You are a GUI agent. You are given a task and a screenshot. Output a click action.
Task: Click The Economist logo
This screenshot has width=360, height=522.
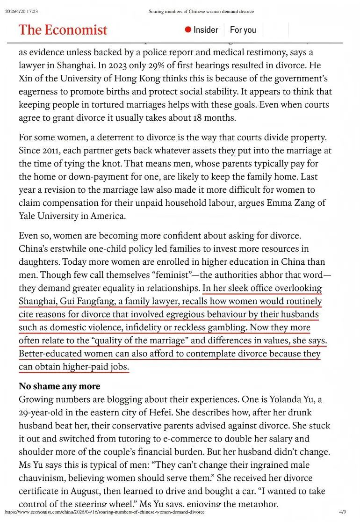pos(63,30)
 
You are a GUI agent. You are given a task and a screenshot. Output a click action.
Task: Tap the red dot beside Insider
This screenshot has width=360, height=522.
pos(188,30)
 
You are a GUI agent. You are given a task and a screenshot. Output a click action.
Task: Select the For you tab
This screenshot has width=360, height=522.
pos(243,30)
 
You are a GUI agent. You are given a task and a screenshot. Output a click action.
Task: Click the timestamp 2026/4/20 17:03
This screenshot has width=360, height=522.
pos(21,12)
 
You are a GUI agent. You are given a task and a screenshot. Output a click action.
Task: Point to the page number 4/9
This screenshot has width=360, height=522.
pos(342,512)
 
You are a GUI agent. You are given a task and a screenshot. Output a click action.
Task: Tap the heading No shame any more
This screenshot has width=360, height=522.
pos(59,386)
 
